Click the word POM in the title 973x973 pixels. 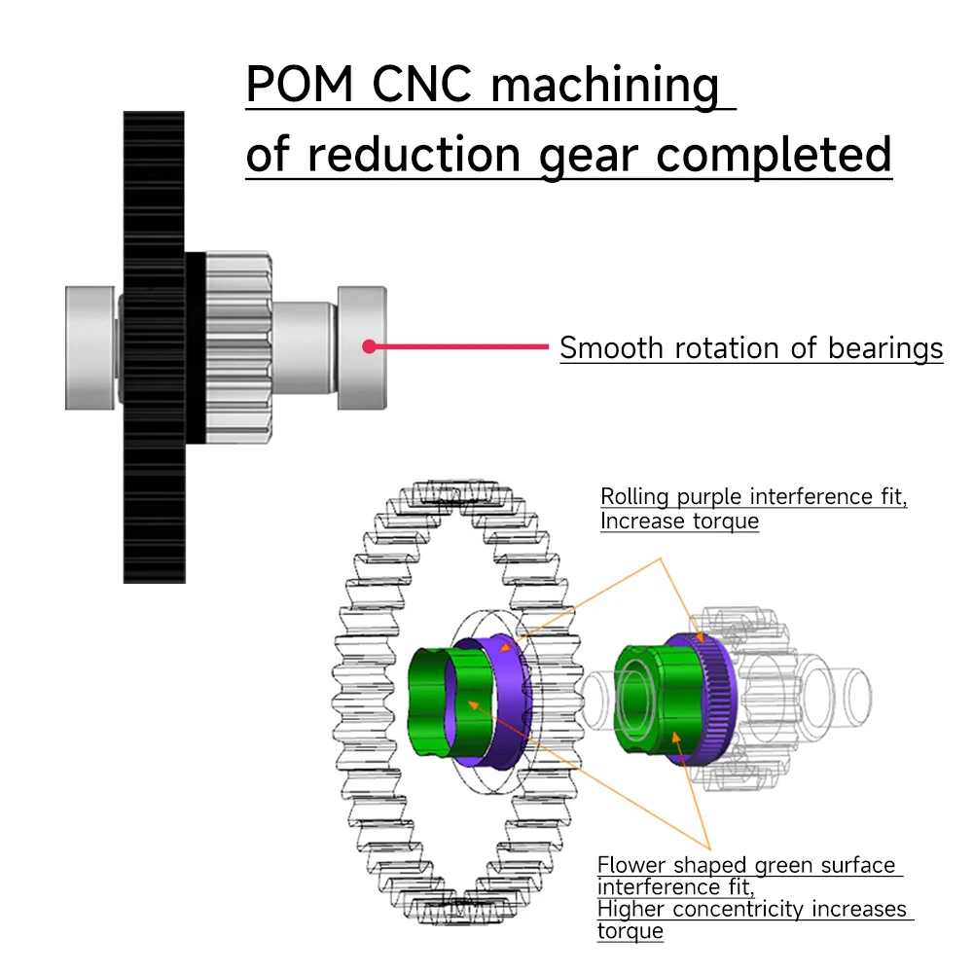click(301, 86)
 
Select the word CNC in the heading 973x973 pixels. click(422, 86)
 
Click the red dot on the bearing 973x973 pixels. click(369, 345)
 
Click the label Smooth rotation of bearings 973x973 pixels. click(751, 348)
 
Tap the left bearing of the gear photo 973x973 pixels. click(90, 345)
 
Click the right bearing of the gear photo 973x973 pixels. click(362, 345)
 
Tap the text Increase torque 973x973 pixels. click(679, 521)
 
